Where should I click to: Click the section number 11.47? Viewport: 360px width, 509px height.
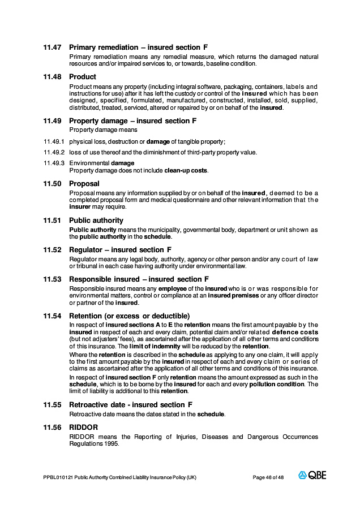(x=52, y=48)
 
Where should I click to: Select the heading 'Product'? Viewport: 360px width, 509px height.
(x=83, y=77)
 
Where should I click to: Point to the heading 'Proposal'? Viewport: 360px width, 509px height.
(x=84, y=184)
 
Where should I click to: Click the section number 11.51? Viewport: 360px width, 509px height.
(x=52, y=221)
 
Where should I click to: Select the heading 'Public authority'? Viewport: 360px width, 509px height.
(x=96, y=221)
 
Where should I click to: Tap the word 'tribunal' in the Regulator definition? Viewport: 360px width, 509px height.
(x=83, y=266)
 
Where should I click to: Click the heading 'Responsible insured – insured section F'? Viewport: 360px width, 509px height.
(x=139, y=279)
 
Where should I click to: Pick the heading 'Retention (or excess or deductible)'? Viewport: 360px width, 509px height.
(x=129, y=316)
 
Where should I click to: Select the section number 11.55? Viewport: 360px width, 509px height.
(x=52, y=405)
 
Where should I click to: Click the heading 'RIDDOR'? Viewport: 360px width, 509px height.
(x=83, y=428)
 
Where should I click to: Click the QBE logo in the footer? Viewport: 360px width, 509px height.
(x=312, y=476)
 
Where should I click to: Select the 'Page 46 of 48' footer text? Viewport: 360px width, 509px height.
(x=268, y=477)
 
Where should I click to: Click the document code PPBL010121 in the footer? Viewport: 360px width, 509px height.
(x=58, y=477)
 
